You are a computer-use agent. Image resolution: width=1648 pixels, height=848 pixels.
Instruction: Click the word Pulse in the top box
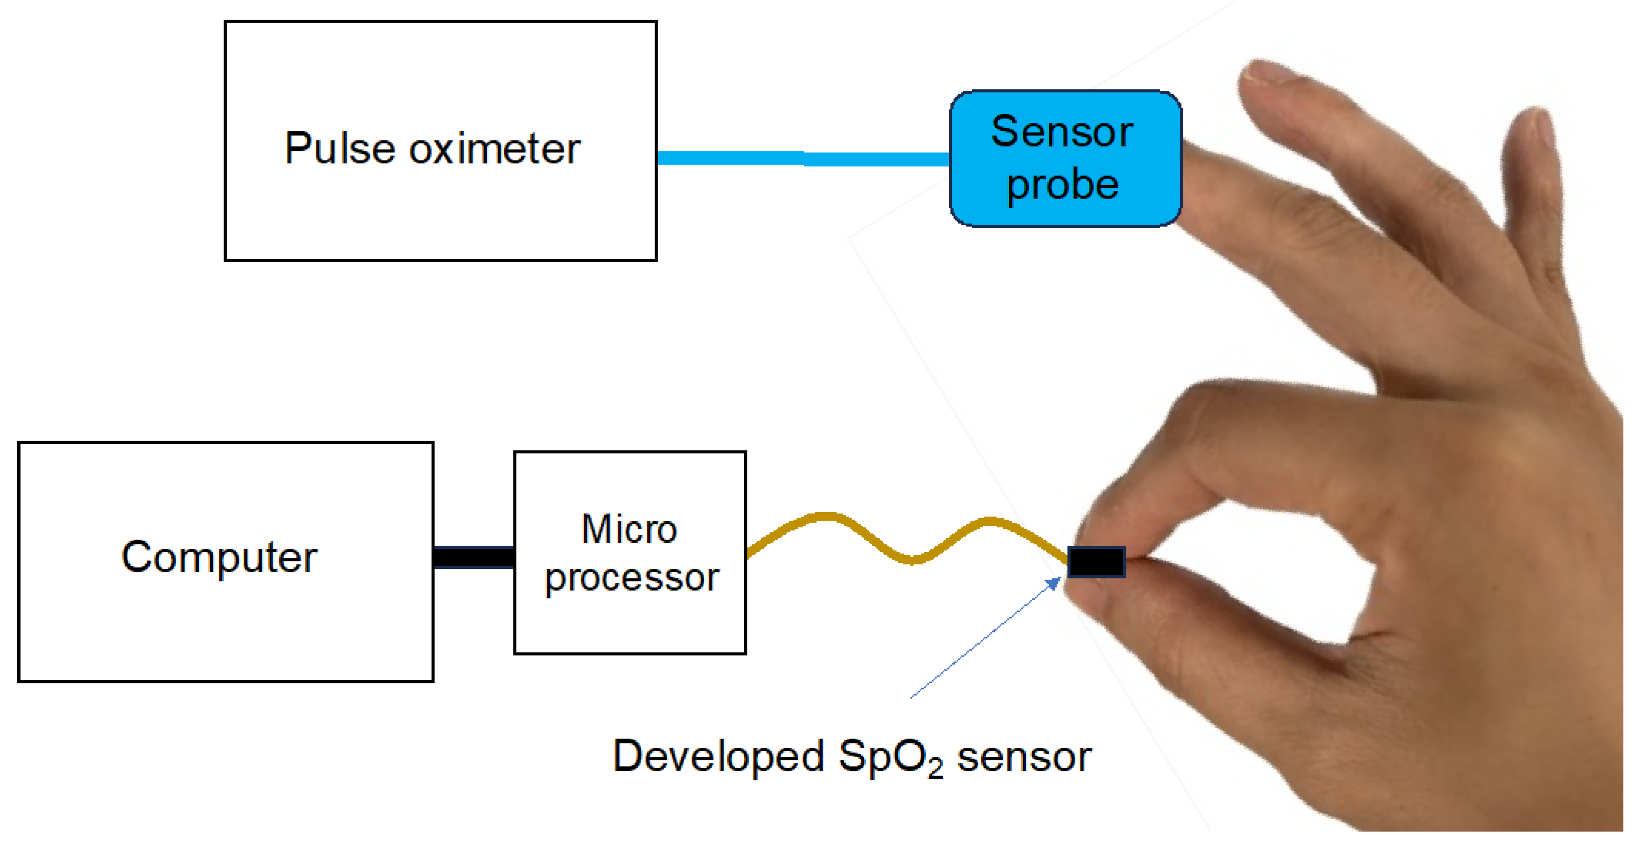340,148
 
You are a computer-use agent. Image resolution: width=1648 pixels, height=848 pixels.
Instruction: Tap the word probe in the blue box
1063,186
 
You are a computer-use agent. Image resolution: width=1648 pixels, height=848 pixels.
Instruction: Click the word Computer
220,558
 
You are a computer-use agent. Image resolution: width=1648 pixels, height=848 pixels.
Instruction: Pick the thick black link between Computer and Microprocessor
473,557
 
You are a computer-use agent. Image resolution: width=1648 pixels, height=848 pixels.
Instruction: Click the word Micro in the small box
629,530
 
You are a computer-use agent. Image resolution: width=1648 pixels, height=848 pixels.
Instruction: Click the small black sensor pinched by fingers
1096,562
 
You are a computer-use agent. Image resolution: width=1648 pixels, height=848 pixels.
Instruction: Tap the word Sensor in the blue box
1062,132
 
